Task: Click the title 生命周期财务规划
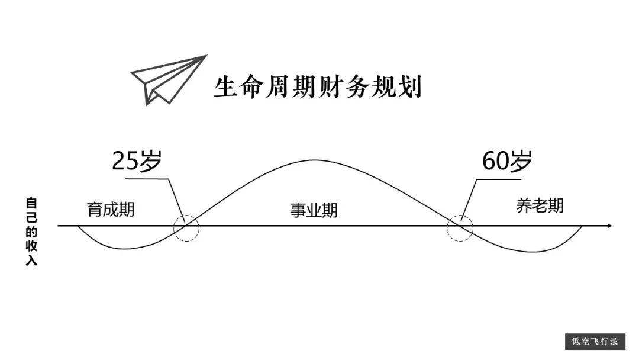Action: (318, 86)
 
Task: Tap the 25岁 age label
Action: (137, 160)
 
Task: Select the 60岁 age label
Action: (507, 160)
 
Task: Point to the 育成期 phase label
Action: (111, 210)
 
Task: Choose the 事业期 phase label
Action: (314, 210)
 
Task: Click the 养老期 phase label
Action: (540, 206)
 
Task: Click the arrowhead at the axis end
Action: (610, 226)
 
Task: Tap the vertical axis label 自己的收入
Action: (31, 232)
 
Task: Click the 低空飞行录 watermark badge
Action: (595, 342)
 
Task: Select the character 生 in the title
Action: (225, 86)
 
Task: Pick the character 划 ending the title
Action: (410, 86)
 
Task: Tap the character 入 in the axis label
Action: (31, 260)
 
